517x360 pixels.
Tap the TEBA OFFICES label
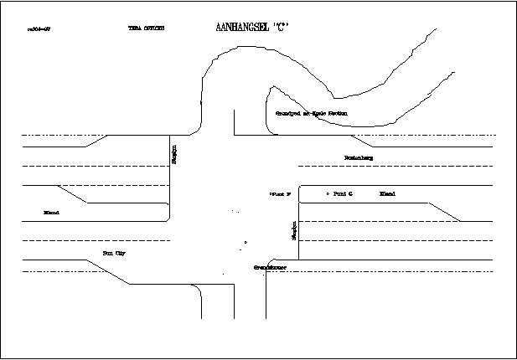click(146, 28)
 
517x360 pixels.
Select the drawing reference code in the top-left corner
click(39, 28)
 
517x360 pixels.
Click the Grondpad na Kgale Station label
click(311, 113)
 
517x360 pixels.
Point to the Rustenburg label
click(358, 157)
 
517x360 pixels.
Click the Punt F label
click(280, 194)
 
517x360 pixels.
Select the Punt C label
click(343, 193)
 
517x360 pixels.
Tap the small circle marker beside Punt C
click(327, 193)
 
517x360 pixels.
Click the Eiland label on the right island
click(387, 193)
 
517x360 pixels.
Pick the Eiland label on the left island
click(51, 213)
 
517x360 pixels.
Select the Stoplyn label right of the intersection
click(294, 231)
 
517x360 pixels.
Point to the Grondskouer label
click(271, 267)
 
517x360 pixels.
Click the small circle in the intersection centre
click(245, 244)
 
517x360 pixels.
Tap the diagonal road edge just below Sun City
click(107, 271)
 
